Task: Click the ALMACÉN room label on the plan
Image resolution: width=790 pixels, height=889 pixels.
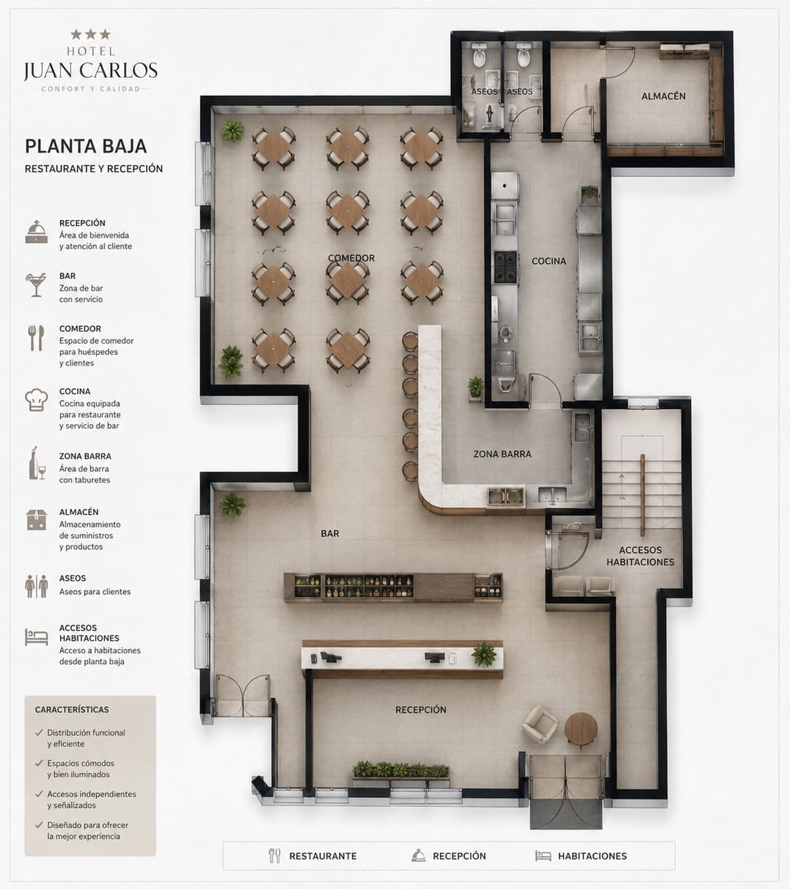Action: pyautogui.click(x=663, y=96)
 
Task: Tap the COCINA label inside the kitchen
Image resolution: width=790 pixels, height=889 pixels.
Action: pyautogui.click(x=549, y=261)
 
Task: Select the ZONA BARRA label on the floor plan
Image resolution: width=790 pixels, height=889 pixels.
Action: pyautogui.click(x=502, y=454)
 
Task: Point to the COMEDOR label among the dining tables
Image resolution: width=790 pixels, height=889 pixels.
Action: pyautogui.click(x=352, y=258)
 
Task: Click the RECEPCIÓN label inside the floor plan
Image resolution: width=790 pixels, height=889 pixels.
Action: pyautogui.click(x=421, y=710)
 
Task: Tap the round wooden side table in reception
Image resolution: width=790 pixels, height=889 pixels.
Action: pyautogui.click(x=580, y=729)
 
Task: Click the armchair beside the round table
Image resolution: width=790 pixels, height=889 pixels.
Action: pyautogui.click(x=540, y=724)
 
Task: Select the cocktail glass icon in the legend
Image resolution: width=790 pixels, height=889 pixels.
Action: pyautogui.click(x=36, y=284)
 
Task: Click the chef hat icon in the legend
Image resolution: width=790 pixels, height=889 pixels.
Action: pyautogui.click(x=36, y=400)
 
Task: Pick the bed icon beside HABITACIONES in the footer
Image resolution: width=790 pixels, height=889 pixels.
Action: pyautogui.click(x=543, y=856)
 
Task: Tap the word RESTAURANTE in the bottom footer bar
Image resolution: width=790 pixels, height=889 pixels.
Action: pyautogui.click(x=323, y=856)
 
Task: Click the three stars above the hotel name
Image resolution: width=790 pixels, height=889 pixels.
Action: pyautogui.click(x=91, y=34)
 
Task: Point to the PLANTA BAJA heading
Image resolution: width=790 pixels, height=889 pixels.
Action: pyautogui.click(x=86, y=147)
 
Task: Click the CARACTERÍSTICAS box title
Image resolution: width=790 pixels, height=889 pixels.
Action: pyautogui.click(x=72, y=710)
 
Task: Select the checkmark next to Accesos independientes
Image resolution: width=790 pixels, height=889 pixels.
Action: pyautogui.click(x=39, y=793)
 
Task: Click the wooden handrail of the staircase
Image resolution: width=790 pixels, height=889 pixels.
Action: pyautogui.click(x=642, y=495)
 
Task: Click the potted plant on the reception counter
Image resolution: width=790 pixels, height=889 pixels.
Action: pyautogui.click(x=483, y=654)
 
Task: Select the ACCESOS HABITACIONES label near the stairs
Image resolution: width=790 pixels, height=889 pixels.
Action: pyautogui.click(x=640, y=556)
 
